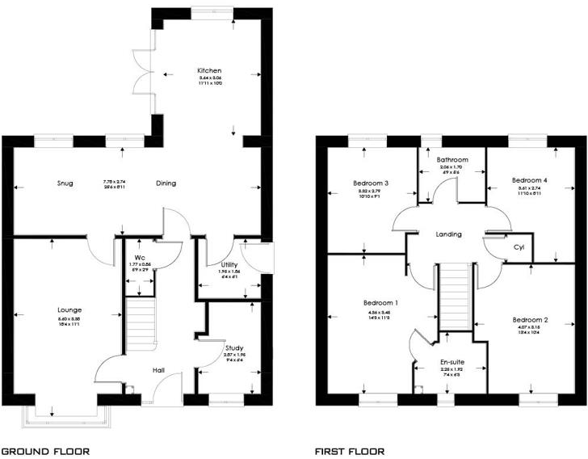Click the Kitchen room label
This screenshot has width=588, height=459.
pyautogui.click(x=210, y=71)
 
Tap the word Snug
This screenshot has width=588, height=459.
pyautogui.click(x=65, y=183)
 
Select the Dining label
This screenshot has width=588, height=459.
pyautogui.click(x=166, y=183)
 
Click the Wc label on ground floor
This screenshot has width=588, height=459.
pyautogui.click(x=139, y=258)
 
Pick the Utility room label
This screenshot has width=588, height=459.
pyautogui.click(x=218, y=264)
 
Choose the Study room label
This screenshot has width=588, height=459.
pyautogui.click(x=235, y=347)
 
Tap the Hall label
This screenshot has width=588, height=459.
pyautogui.click(x=159, y=370)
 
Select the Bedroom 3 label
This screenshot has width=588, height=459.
pyautogui.click(x=371, y=183)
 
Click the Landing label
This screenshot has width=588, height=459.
pyautogui.click(x=448, y=234)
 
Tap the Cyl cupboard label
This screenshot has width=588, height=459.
pyautogui.click(x=519, y=248)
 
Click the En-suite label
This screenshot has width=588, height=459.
pyautogui.click(x=451, y=362)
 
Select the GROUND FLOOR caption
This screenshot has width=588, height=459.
pyautogui.click(x=45, y=451)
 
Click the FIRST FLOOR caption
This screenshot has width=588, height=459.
pyautogui.click(x=351, y=451)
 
